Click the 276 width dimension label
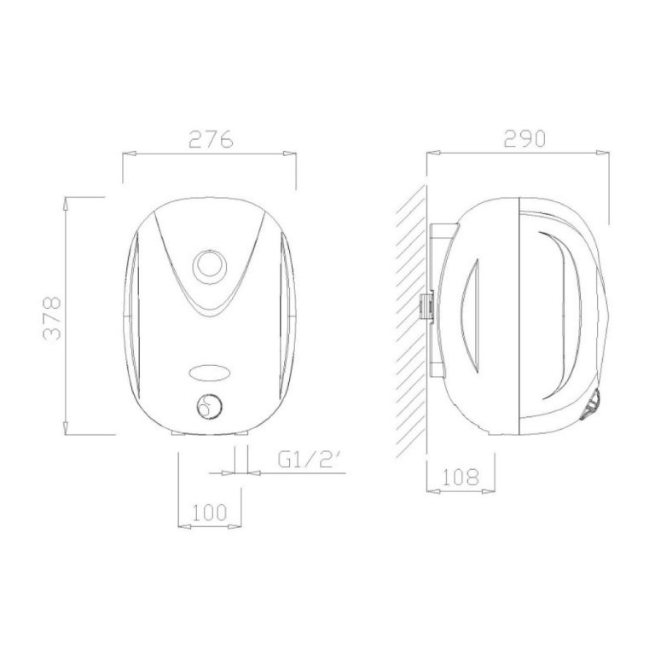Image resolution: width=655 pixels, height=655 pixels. coord(211,139)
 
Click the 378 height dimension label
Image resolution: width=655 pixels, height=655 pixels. coord(53,318)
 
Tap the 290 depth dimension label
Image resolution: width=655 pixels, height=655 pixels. coord(525,139)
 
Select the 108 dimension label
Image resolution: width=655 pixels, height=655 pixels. coord(460,477)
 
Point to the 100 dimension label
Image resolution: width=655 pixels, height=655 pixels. coord(210,512)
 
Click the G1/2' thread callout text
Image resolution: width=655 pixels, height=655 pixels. coord(307,460)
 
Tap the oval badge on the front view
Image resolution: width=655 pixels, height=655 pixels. coord(209,373)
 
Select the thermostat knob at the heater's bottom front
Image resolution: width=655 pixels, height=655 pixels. coord(209,406)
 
